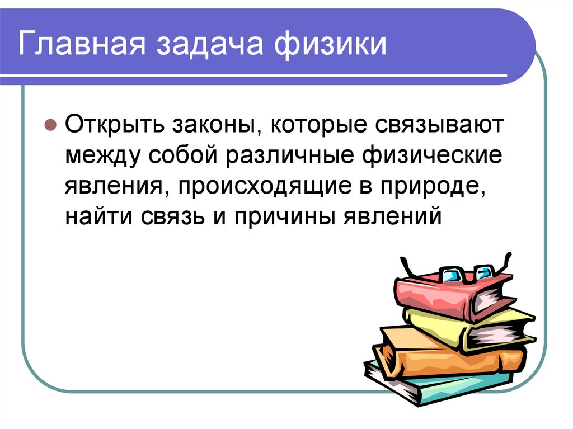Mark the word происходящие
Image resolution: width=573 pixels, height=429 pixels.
pyautogui.click(x=258, y=186)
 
